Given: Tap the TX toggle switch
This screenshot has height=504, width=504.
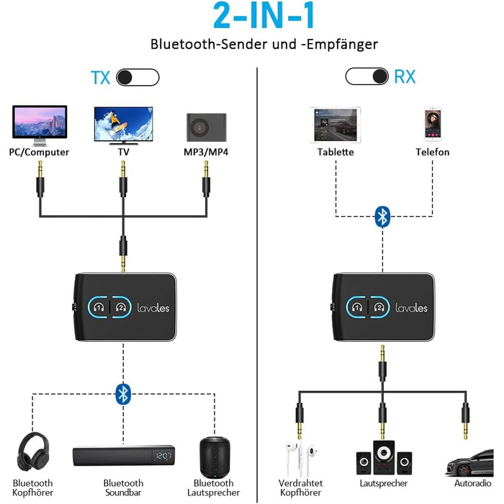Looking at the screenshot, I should (x=138, y=77).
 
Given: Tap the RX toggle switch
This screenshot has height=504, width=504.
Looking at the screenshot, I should (x=367, y=76).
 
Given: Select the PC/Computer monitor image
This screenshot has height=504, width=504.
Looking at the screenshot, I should (x=40, y=125).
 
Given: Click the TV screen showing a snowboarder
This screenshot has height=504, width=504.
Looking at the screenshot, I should (x=123, y=123).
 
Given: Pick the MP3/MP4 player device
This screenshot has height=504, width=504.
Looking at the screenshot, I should (x=206, y=127).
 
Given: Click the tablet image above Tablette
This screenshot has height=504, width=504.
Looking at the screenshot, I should (x=336, y=124).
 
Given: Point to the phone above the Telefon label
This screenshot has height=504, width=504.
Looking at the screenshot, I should (x=432, y=124).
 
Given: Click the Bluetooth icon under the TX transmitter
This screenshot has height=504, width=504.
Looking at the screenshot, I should (x=124, y=393).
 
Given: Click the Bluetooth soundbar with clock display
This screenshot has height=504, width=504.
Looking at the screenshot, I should (x=123, y=456).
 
